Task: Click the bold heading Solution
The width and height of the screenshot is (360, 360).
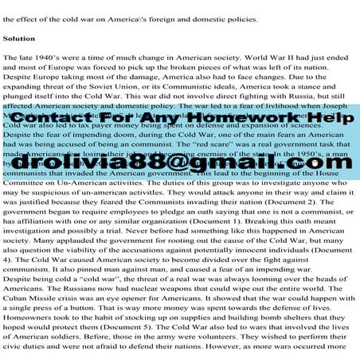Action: [x=19, y=37]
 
